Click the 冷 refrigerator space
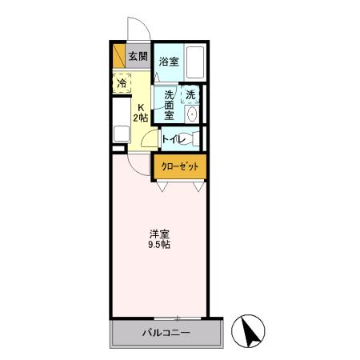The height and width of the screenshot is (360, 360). [122, 83]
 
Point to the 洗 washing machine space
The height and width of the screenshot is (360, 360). [190, 96]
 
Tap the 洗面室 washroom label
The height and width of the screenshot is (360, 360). [170, 104]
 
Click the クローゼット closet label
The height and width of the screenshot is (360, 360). [180, 166]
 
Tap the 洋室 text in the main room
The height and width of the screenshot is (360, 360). [158, 233]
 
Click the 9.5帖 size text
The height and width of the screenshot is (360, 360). [158, 244]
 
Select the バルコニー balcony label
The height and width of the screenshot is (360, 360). [166, 332]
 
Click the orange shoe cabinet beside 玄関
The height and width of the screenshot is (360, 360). [119, 57]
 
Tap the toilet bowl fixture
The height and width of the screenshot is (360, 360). [192, 140]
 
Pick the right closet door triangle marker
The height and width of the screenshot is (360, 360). [197, 188]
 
